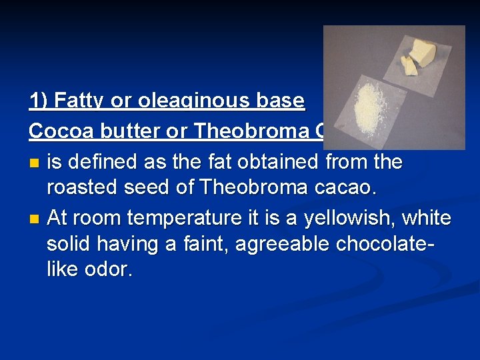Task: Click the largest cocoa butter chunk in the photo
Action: tap(422, 51)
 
